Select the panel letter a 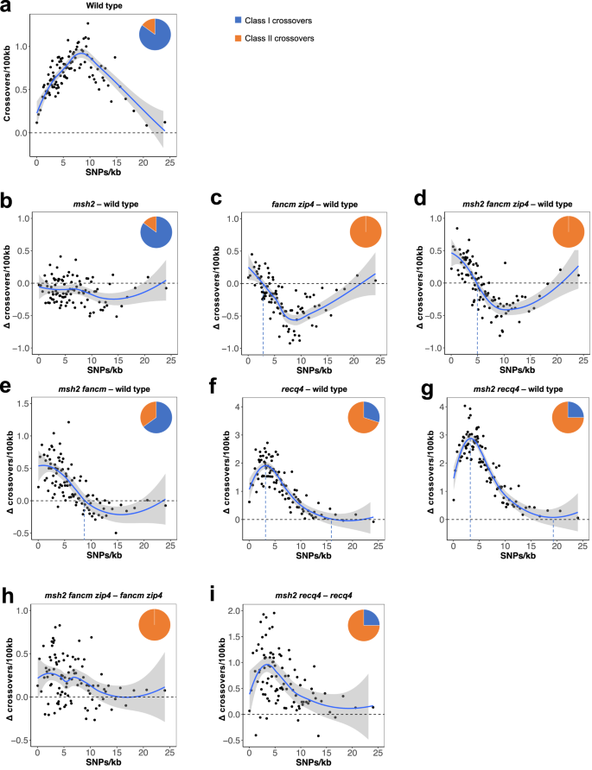[x=6, y=10]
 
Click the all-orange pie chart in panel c [x=366, y=235]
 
